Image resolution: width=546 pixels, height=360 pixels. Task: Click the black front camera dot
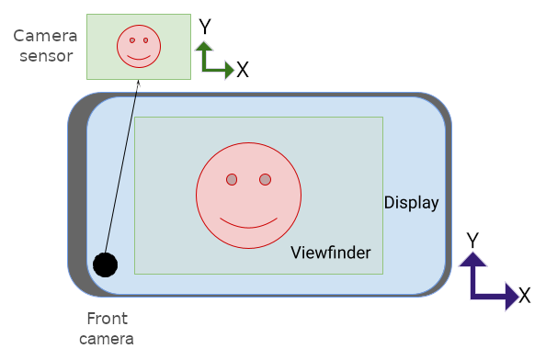106,264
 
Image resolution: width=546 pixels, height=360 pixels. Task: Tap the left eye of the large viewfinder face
232,179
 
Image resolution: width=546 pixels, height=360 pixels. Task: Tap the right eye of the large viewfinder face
265,179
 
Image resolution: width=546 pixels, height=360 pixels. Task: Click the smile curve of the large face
248,223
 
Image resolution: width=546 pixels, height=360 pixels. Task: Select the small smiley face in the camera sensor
139,46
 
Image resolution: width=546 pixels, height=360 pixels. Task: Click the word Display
411,203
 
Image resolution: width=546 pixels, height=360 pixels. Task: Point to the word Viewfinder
330,253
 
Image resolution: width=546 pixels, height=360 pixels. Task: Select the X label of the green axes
242,70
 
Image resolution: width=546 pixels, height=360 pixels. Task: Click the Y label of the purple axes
472,240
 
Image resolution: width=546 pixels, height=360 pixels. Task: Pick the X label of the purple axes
524,296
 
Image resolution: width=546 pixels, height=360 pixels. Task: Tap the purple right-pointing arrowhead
511,297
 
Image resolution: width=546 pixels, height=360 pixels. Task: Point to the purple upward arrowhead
472,258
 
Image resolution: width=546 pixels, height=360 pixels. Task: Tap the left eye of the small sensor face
132,40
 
